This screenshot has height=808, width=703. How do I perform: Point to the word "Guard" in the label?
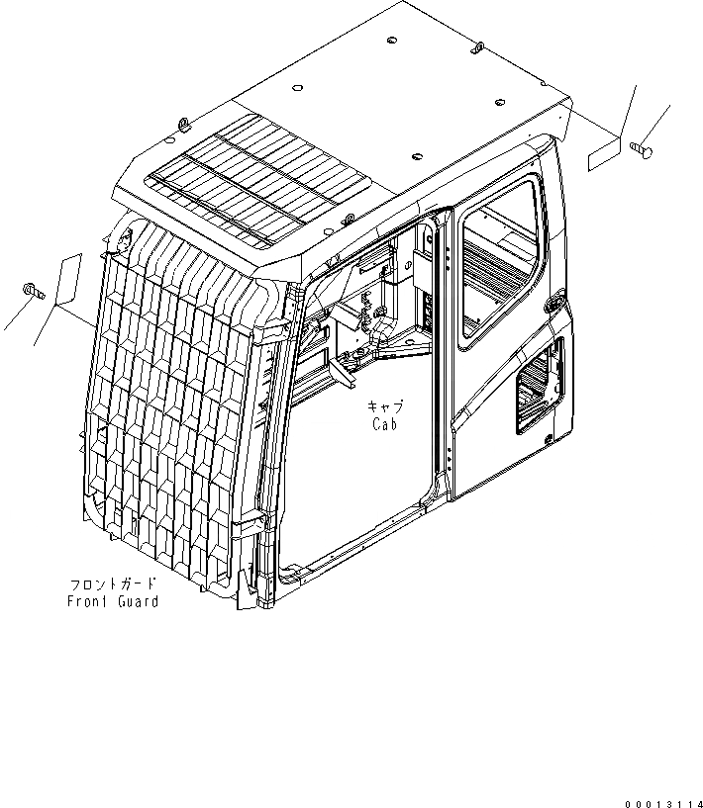(x=136, y=601)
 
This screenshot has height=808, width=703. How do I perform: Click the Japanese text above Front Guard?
(x=111, y=584)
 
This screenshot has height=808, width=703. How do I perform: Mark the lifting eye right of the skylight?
(x=350, y=220)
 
